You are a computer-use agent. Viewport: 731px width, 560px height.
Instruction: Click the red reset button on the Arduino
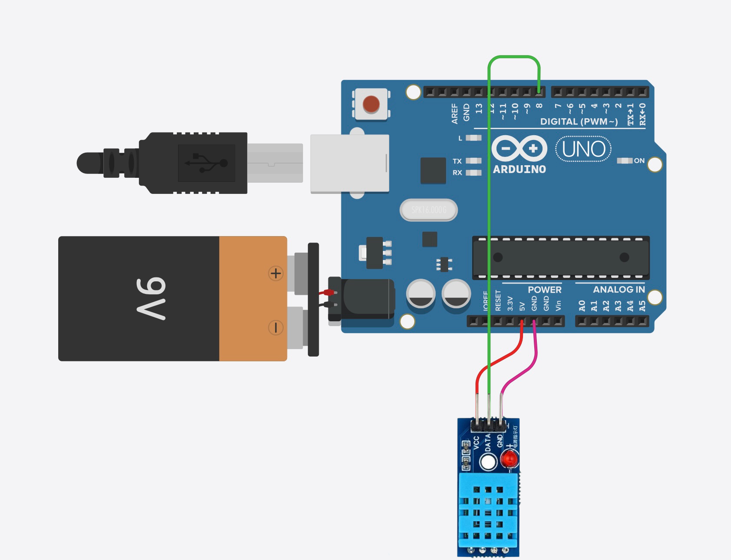point(371,104)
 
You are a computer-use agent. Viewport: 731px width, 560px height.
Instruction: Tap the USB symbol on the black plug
point(206,163)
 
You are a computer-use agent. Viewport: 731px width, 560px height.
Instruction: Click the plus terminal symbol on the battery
point(275,273)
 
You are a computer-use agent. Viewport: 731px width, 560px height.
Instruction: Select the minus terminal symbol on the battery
point(275,327)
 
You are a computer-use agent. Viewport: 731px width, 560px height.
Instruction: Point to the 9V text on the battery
point(151,298)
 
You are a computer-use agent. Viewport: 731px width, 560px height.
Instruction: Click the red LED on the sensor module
point(509,459)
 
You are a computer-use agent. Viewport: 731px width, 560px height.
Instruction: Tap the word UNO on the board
point(583,149)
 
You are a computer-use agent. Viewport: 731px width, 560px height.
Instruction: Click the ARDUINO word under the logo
point(519,170)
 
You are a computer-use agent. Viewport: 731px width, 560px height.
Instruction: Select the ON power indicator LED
point(625,161)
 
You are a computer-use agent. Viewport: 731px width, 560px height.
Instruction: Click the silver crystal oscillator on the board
point(428,210)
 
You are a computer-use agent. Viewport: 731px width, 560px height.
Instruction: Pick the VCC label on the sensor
point(476,443)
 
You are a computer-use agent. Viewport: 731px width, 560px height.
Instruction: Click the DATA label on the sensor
point(488,442)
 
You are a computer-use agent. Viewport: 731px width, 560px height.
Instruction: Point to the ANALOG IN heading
point(619,290)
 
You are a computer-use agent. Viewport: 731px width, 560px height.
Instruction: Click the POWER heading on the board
point(544,290)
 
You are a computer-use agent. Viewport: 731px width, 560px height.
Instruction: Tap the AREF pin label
point(455,113)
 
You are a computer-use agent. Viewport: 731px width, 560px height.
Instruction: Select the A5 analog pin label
point(642,306)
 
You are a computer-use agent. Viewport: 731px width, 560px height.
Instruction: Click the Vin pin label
point(558,305)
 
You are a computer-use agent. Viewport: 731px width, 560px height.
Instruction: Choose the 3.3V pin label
point(510,304)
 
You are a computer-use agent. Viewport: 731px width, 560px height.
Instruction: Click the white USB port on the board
point(349,163)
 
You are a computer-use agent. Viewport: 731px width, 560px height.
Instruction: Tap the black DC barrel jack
point(367,299)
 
